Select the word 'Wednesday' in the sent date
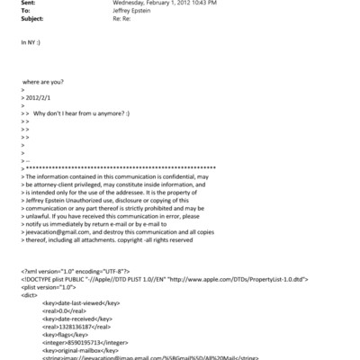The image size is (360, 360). [x=130, y=4]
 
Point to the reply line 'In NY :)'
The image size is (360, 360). [x=31, y=42]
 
